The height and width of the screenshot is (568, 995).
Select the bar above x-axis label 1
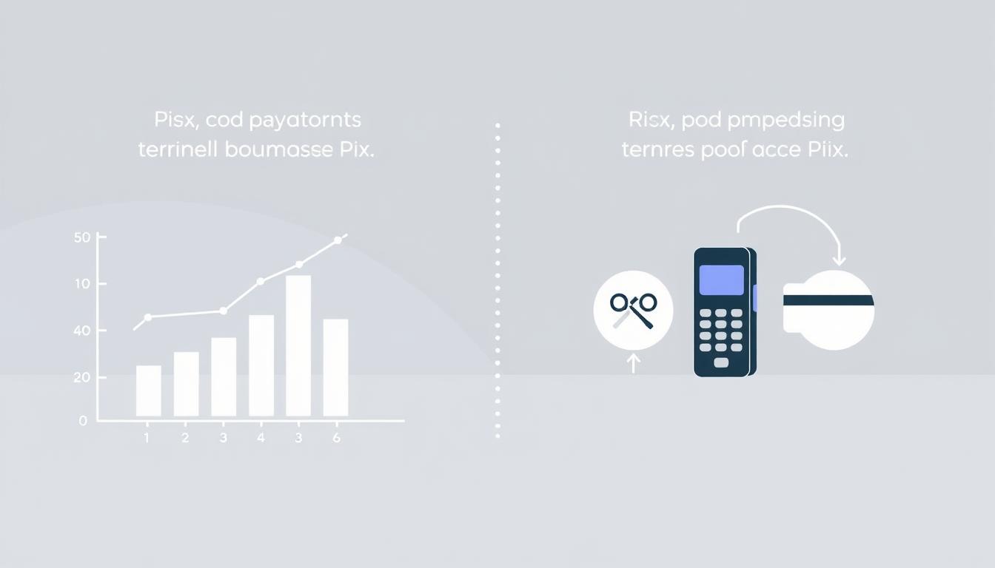148,390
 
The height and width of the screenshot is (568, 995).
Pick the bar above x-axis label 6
335,367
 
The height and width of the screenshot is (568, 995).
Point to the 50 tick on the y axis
82,237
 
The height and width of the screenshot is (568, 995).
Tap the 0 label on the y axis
83,420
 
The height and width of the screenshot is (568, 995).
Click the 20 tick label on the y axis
81,377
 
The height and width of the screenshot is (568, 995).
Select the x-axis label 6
336,438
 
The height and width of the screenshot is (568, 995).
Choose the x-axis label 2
185,438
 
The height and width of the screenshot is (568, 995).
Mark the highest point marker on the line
338,240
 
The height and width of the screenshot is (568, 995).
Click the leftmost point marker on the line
148,317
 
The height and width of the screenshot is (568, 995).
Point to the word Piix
826,149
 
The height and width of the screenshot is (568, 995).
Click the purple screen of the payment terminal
721,280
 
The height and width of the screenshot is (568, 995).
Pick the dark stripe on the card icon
828,300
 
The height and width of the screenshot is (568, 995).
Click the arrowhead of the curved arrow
839,260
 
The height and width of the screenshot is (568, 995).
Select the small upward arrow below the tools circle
633,363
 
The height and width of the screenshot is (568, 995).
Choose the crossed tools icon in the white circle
634,310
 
